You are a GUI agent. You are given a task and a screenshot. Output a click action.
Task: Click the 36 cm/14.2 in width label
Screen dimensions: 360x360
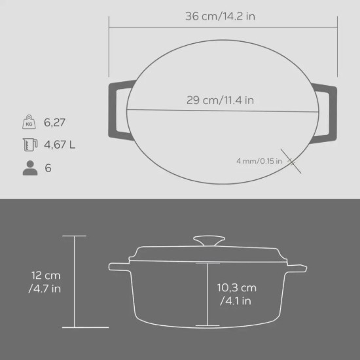(220, 16)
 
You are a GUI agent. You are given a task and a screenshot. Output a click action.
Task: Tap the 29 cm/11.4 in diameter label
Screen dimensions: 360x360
(220, 100)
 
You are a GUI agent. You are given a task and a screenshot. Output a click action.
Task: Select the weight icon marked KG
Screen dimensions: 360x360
(29, 122)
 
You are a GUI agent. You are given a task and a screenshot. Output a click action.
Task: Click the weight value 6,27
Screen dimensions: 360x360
(54, 122)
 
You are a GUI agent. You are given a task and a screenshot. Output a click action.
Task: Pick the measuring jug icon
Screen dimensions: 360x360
(29, 145)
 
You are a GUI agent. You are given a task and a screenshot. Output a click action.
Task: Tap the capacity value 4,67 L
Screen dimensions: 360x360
(60, 145)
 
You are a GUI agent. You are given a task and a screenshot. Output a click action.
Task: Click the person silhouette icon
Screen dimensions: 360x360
(29, 168)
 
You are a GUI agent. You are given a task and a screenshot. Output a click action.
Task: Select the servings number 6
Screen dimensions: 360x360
(48, 168)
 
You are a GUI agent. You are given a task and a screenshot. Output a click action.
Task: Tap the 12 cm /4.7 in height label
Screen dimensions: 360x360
(45, 282)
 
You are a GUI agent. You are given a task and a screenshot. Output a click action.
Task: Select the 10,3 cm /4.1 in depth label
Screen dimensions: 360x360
(236, 294)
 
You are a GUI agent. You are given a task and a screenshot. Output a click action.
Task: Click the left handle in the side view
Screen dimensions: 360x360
(120, 266)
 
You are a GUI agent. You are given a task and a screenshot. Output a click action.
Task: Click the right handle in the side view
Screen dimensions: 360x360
(298, 266)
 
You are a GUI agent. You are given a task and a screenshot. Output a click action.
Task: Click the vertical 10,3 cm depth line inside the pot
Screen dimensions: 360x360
(209, 295)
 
